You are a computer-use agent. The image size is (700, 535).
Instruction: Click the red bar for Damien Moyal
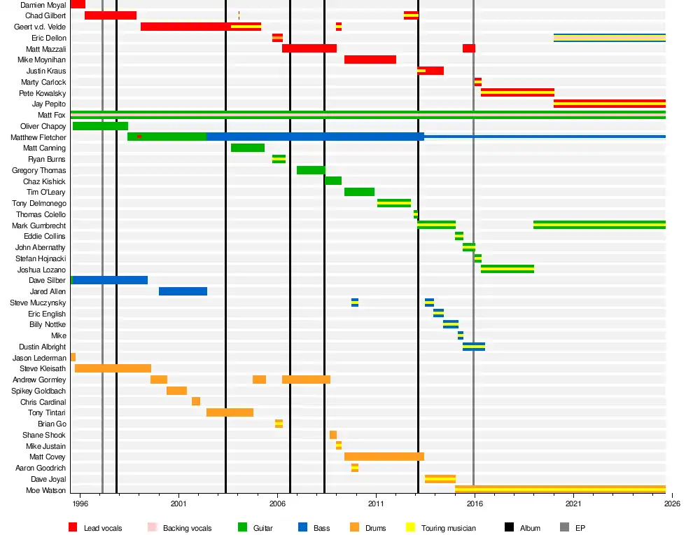pyautogui.click(x=78, y=4)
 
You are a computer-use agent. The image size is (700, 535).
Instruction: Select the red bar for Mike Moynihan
pyautogui.click(x=370, y=60)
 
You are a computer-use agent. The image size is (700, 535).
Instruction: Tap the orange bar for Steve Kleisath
pyautogui.click(x=113, y=368)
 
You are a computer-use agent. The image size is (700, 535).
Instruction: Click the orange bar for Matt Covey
pyautogui.click(x=384, y=457)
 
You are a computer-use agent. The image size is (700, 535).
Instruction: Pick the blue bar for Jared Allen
pyautogui.click(x=183, y=291)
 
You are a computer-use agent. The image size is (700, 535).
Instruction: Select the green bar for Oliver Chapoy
pyautogui.click(x=100, y=126)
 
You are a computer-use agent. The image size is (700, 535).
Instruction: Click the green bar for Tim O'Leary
pyautogui.click(x=359, y=192)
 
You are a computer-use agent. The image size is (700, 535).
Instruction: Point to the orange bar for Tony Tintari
pyautogui.click(x=230, y=412)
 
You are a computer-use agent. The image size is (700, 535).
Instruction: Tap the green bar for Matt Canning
pyautogui.click(x=248, y=148)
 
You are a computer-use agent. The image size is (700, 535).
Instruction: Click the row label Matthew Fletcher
pyautogui.click(x=38, y=137)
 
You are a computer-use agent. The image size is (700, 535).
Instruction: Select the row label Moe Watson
pyautogui.click(x=46, y=490)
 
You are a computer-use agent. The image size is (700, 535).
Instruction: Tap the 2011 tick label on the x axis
pyautogui.click(x=377, y=503)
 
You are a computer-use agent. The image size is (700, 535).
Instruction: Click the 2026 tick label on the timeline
pyautogui.click(x=672, y=503)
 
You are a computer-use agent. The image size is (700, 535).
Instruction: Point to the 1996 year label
pyautogui.click(x=80, y=503)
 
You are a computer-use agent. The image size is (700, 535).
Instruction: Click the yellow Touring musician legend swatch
pyautogui.click(x=411, y=527)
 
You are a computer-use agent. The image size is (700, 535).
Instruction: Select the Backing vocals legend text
pyautogui.click(x=187, y=528)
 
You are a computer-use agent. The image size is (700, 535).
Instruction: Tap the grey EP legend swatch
pyautogui.click(x=565, y=527)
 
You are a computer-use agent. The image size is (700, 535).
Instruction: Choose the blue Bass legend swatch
pyautogui.click(x=302, y=527)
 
